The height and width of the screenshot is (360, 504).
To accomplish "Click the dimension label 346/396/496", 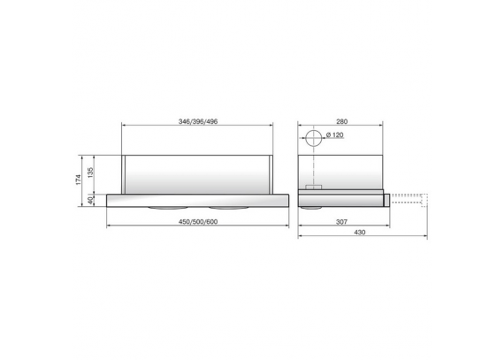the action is (198, 121).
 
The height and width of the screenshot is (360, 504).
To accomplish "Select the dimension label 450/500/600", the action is (198, 222).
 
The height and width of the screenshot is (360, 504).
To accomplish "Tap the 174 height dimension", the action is (78, 180).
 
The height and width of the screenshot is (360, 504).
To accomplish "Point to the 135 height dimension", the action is (90, 172).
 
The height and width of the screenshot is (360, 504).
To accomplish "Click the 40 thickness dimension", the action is (90, 200).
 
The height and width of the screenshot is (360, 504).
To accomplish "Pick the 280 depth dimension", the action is (342, 121).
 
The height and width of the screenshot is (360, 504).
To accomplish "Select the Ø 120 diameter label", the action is (335, 135).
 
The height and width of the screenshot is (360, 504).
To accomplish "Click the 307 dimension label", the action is (341, 222).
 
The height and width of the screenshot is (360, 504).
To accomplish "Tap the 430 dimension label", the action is (359, 232).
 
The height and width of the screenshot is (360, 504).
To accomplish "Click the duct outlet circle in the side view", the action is (313, 131).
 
